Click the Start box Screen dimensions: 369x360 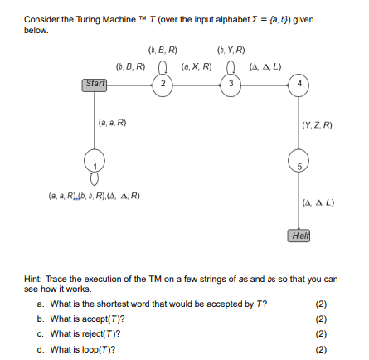tap(96, 83)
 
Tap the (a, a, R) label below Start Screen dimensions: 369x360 tap(113, 124)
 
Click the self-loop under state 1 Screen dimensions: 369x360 tap(95, 177)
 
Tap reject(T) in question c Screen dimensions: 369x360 tap(103, 334)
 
